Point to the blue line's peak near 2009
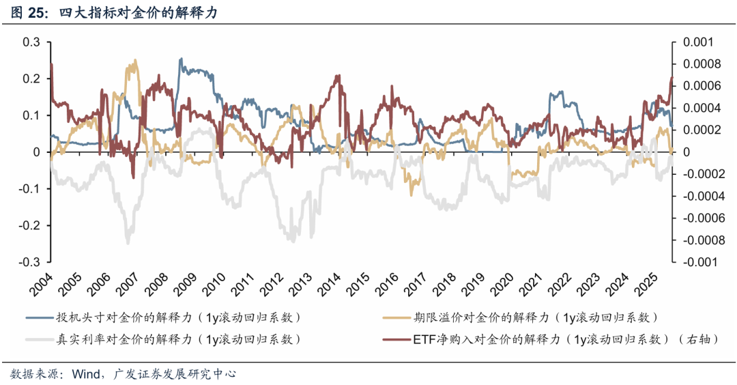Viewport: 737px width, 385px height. click(180, 59)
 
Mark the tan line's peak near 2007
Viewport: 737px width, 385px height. click(134, 60)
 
